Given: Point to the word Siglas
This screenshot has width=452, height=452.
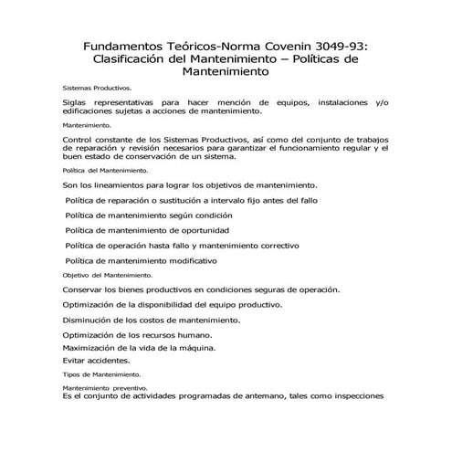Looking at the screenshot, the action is (76, 102).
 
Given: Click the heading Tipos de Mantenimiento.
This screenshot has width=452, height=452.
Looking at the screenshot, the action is (101, 375).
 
